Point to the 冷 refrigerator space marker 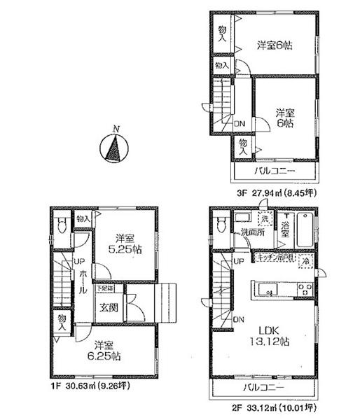[305, 260]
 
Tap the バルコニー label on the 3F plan [275, 171]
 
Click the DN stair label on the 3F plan [240, 124]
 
